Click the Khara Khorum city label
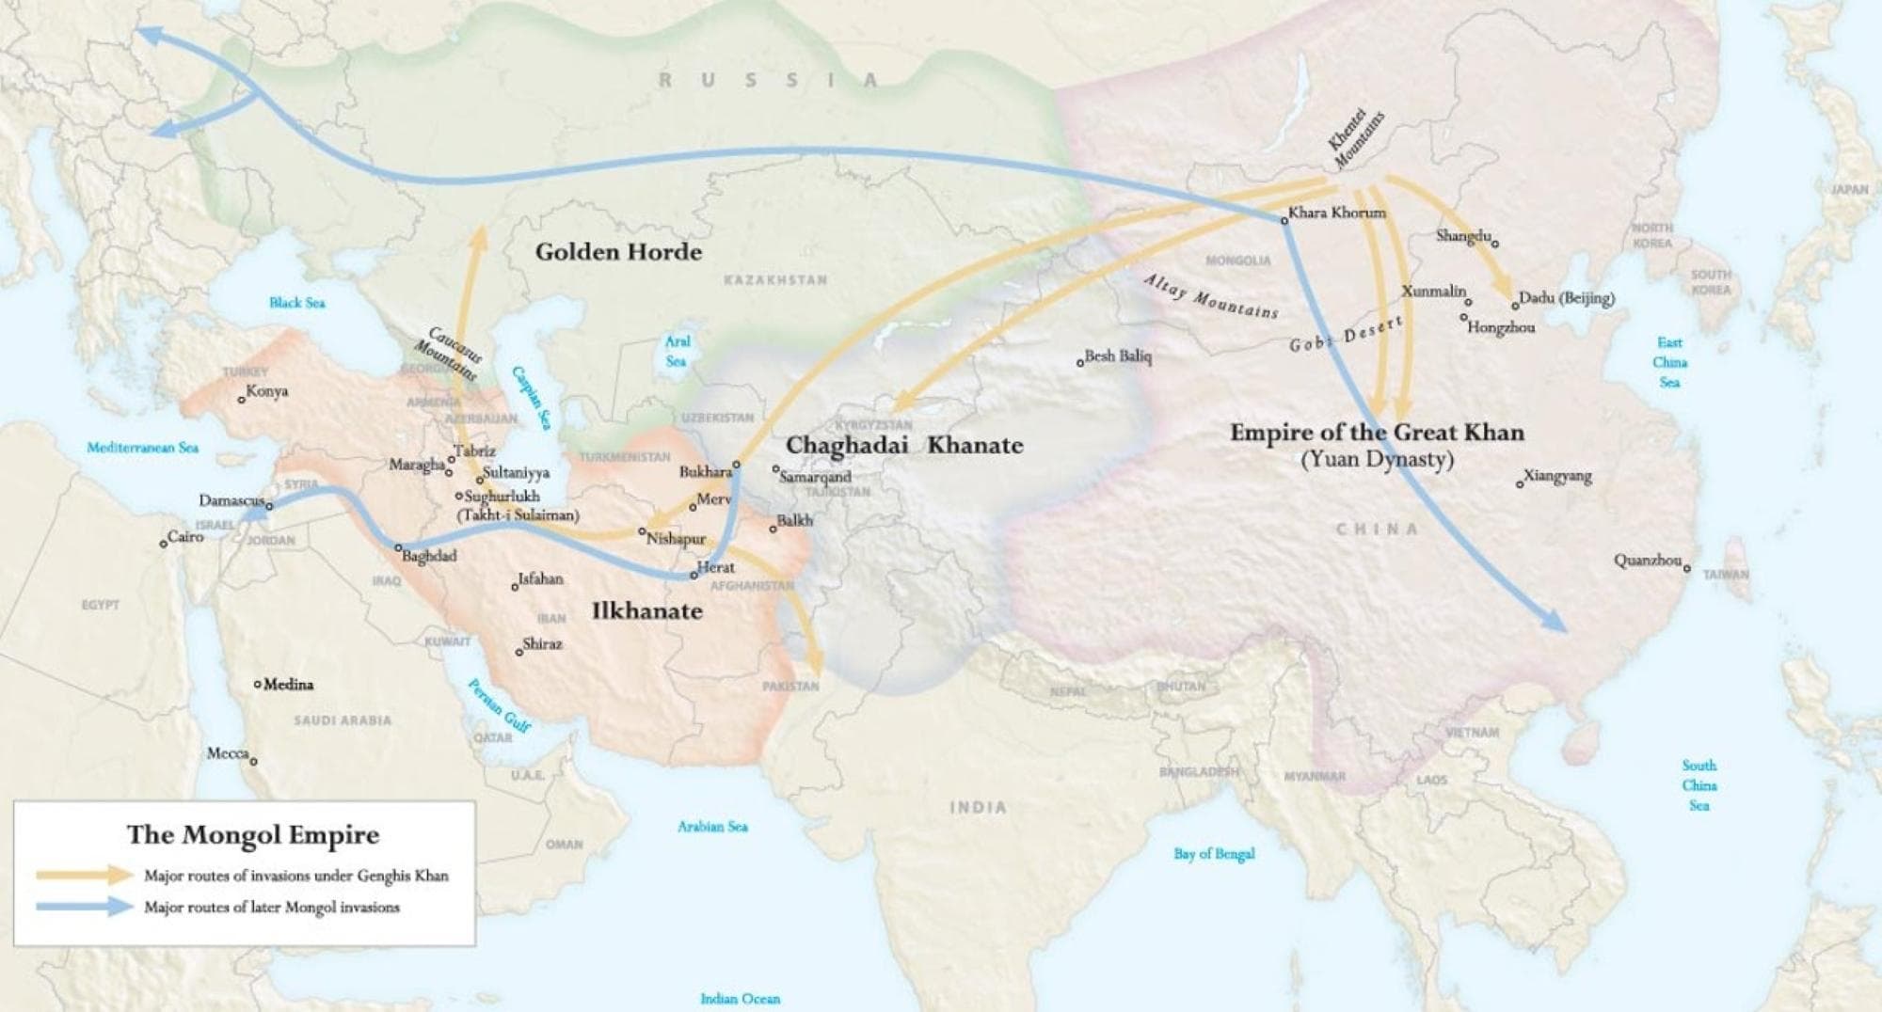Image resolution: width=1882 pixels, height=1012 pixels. tap(1336, 213)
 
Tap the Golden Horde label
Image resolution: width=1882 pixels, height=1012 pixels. tap(618, 251)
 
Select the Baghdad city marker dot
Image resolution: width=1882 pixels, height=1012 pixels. tap(398, 547)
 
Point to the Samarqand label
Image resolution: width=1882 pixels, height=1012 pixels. tap(815, 477)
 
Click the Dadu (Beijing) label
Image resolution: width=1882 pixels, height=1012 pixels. tap(1566, 298)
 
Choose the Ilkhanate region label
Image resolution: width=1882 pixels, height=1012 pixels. tap(646, 611)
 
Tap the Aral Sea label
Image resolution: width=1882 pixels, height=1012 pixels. tap(677, 351)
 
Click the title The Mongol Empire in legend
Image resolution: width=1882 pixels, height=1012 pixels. tap(253, 835)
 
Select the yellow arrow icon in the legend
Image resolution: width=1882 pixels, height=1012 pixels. tap(85, 876)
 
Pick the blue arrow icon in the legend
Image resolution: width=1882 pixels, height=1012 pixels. tap(85, 908)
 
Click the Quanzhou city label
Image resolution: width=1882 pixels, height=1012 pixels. tap(1648, 561)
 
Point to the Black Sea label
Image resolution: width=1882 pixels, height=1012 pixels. tap(296, 302)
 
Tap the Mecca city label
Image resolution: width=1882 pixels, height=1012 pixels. tap(228, 753)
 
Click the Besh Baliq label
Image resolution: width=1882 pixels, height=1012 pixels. tap(1118, 356)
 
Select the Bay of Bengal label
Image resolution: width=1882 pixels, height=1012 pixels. tap(1214, 854)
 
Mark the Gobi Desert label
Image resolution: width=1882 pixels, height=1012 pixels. tap(1347, 334)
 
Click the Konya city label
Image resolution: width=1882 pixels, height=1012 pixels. tap(267, 391)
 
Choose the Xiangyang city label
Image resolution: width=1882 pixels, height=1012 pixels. tap(1557, 476)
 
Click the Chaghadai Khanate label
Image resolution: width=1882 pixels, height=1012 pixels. tap(904, 445)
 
